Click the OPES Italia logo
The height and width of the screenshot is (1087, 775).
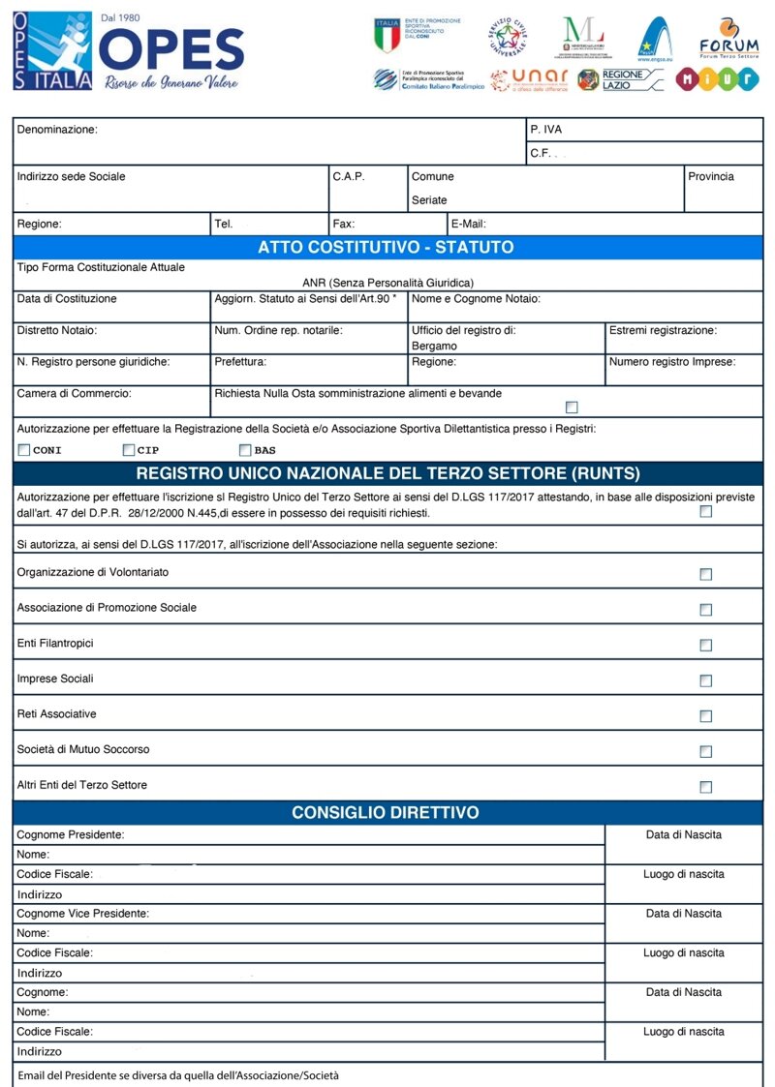(x=128, y=53)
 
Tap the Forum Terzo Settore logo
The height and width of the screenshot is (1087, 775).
(x=728, y=38)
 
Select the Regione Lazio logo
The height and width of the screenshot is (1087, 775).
(x=620, y=79)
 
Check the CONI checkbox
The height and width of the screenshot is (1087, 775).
(x=24, y=450)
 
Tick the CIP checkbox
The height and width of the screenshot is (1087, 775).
(x=128, y=450)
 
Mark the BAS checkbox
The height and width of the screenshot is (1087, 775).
(x=245, y=450)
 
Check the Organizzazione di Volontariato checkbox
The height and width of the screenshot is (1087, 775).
(x=705, y=574)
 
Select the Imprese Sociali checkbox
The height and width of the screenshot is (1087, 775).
(x=705, y=680)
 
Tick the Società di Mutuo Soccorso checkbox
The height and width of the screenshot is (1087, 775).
(x=705, y=751)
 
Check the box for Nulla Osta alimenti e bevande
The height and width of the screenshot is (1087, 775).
(x=572, y=407)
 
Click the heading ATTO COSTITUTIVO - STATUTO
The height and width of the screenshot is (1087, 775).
(x=386, y=247)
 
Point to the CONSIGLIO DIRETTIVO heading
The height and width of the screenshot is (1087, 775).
(x=386, y=812)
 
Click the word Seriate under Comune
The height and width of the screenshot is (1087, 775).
(x=429, y=200)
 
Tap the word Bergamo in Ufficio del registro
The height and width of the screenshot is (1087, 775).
(x=434, y=346)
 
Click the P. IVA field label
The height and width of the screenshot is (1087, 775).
(x=545, y=130)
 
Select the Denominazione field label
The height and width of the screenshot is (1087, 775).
(x=57, y=129)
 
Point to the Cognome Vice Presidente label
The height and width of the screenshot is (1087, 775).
(x=83, y=914)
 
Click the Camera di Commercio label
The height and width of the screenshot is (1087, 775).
(x=74, y=394)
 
